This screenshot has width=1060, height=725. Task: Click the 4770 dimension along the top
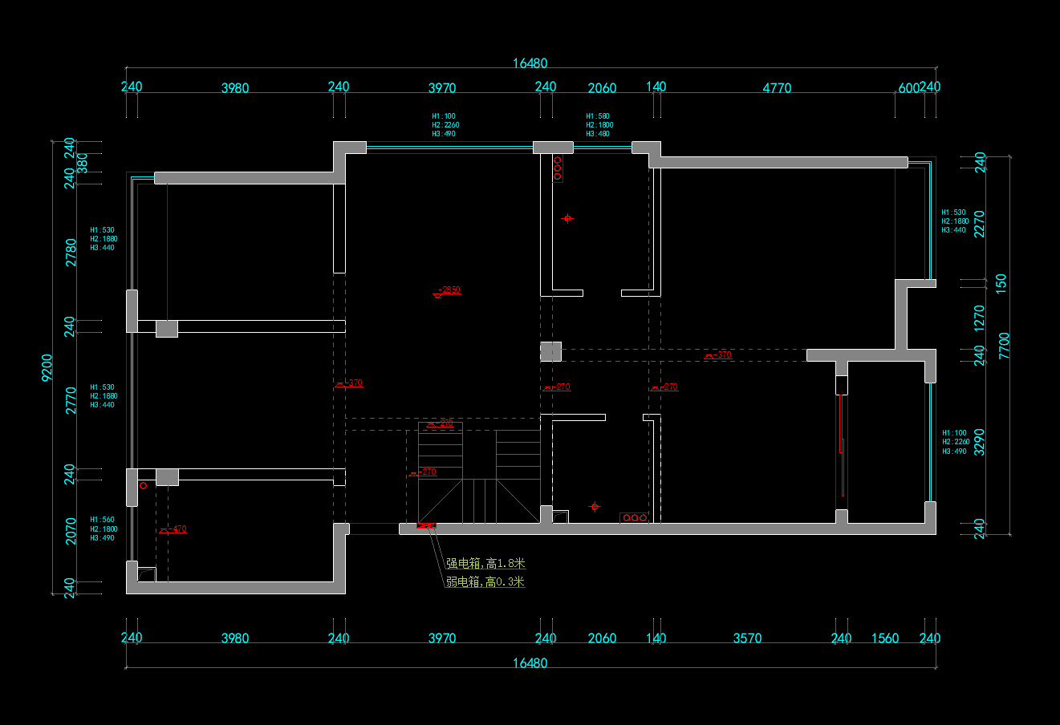coord(776,88)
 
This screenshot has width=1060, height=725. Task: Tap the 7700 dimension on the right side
coord(1004,346)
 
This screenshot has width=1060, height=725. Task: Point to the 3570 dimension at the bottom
coord(747,638)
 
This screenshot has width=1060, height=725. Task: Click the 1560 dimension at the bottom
coord(885,638)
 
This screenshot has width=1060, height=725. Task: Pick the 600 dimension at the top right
coord(908,88)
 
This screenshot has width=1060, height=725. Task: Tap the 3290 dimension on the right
coord(979,442)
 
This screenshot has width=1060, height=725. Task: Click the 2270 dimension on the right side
coord(979,224)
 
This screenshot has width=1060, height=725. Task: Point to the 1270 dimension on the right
coord(979,318)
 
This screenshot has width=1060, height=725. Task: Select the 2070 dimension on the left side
coord(71,531)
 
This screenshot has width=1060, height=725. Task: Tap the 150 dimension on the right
coord(1001,282)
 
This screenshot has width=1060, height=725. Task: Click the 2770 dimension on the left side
coord(71,400)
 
